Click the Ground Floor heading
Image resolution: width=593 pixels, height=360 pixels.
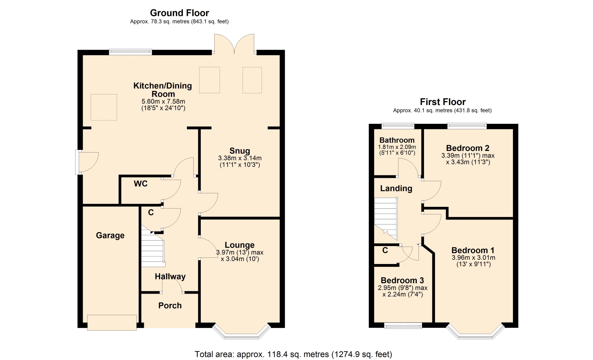tap(179, 13)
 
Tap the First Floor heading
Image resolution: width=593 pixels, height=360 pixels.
tap(443, 102)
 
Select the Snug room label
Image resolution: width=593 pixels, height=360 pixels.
tap(240, 151)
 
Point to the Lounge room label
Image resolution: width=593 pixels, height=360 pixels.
tap(240, 245)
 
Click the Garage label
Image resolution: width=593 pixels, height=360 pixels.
tap(110, 236)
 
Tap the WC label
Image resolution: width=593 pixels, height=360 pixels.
tap(141, 184)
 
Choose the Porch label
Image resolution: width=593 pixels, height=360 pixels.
tap(170, 306)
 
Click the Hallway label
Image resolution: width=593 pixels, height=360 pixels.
tap(170, 277)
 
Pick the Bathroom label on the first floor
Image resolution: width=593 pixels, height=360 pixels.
tap(397, 140)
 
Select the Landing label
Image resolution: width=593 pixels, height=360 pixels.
tap(396, 189)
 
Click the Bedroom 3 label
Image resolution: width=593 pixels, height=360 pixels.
tap(402, 280)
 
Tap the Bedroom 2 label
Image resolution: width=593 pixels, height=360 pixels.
tap(468, 148)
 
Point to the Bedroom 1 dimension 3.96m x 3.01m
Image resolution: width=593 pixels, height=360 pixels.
tap(473, 258)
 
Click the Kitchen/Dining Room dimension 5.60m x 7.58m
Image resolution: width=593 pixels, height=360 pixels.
tap(163, 102)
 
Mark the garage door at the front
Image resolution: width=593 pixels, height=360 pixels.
tap(112, 323)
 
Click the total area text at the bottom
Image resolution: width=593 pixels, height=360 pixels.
tap(293, 354)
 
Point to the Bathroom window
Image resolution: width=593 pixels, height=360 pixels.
tap(398, 126)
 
